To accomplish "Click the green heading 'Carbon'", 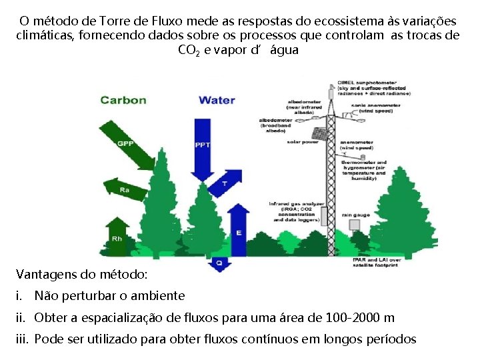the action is (123, 100).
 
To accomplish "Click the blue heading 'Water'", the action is (217, 100).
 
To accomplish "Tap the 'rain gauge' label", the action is (355, 215).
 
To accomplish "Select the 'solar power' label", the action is (301, 142).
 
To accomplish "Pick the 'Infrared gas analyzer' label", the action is (296, 203).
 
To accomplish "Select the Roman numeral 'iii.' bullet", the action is (21, 339).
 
